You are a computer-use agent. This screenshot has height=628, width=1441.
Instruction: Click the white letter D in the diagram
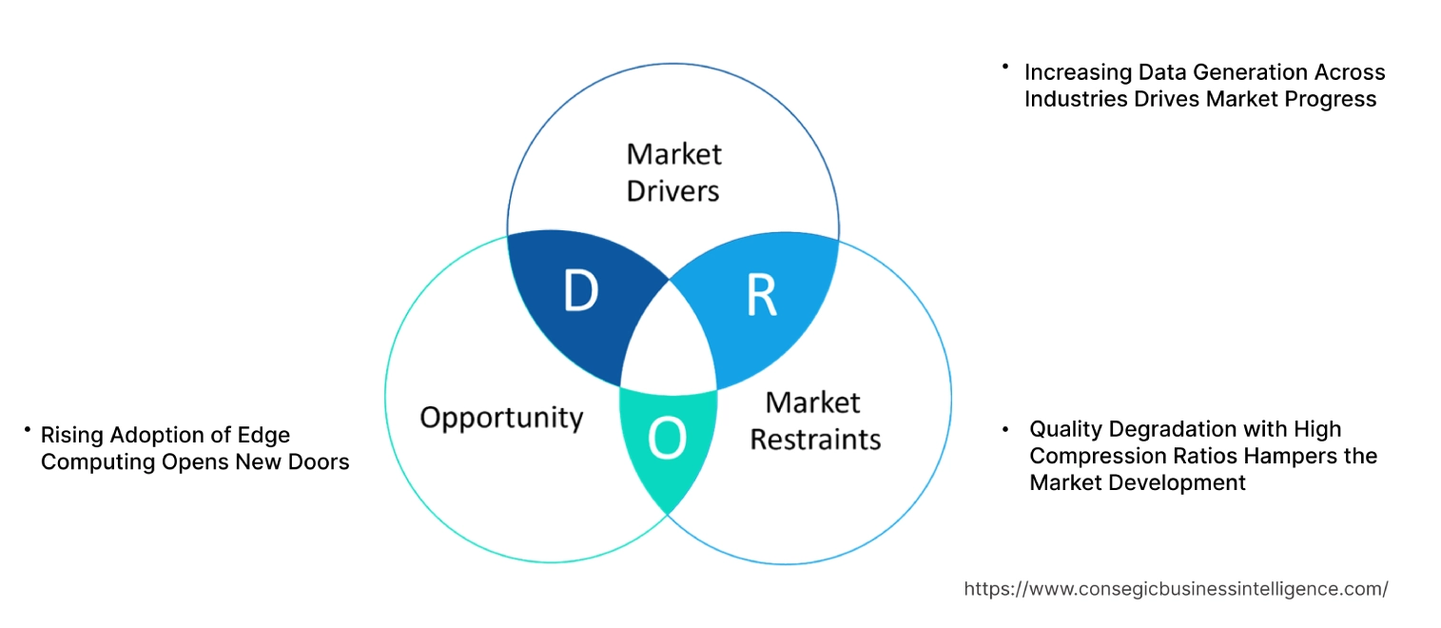tap(580, 292)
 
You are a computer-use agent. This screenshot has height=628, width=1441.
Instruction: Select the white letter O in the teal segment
tap(666, 439)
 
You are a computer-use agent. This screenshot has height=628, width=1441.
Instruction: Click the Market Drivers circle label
tap(673, 172)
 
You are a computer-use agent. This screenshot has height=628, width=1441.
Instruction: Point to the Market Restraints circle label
tap(814, 421)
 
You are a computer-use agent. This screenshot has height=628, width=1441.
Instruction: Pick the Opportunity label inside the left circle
tap(501, 418)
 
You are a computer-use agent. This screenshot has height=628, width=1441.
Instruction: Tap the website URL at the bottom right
tap(1176, 589)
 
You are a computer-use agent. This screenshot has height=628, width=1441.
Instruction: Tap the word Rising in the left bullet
tap(71, 435)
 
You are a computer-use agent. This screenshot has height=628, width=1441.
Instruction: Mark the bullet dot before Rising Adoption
tap(29, 431)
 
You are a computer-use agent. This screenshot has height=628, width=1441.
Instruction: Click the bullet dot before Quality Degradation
tap(1006, 430)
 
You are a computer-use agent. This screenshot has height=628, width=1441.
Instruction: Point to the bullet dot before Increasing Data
tap(1004, 68)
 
